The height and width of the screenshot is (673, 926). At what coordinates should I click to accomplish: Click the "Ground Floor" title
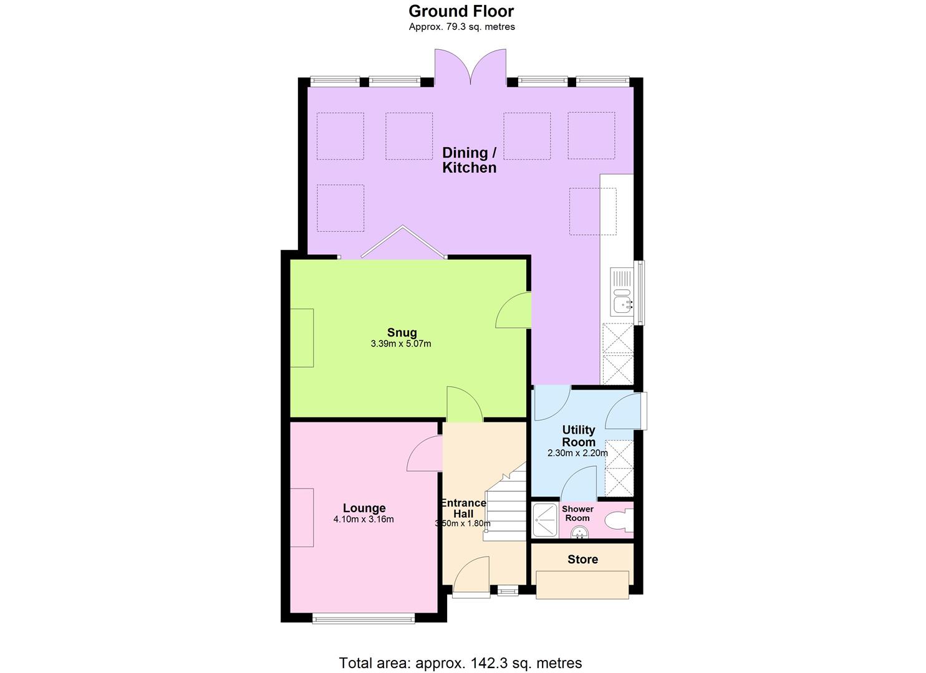coord(461,11)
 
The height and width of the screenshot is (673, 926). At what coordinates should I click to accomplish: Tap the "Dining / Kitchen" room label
coord(470,160)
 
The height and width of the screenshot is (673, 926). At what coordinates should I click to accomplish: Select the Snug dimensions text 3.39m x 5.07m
coord(401,344)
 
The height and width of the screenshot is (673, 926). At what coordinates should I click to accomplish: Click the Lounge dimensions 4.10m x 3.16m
coord(364,520)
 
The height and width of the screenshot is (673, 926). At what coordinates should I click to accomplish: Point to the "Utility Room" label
coord(579,436)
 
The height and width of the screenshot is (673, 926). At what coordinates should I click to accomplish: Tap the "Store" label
coord(582,560)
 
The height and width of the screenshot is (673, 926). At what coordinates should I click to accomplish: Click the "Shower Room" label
coord(578,513)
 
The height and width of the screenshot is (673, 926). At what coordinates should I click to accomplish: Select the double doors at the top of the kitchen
coord(471,67)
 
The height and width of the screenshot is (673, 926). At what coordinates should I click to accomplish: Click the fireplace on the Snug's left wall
coord(302,338)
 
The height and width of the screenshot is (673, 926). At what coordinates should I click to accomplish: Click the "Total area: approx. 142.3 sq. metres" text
coord(460,663)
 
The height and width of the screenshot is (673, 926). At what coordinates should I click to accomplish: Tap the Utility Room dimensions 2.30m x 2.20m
coord(577,454)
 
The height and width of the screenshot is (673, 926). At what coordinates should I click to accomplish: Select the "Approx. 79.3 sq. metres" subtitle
coord(461,27)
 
